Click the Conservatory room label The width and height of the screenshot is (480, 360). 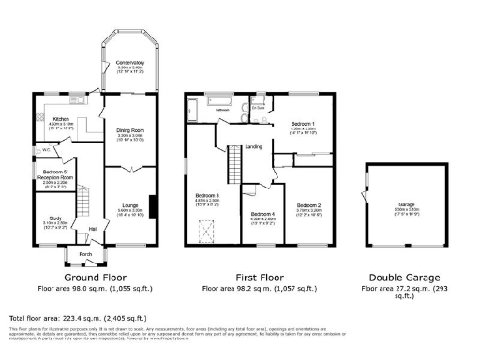[x=130, y=64]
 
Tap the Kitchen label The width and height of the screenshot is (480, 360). [x=61, y=119]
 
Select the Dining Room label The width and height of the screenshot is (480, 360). [x=130, y=130]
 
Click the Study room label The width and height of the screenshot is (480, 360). [x=55, y=218]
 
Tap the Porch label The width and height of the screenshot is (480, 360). [x=85, y=253]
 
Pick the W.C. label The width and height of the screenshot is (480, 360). [x=45, y=149]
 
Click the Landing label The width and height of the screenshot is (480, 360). [x=253, y=147]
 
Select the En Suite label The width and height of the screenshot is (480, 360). [x=259, y=109]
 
